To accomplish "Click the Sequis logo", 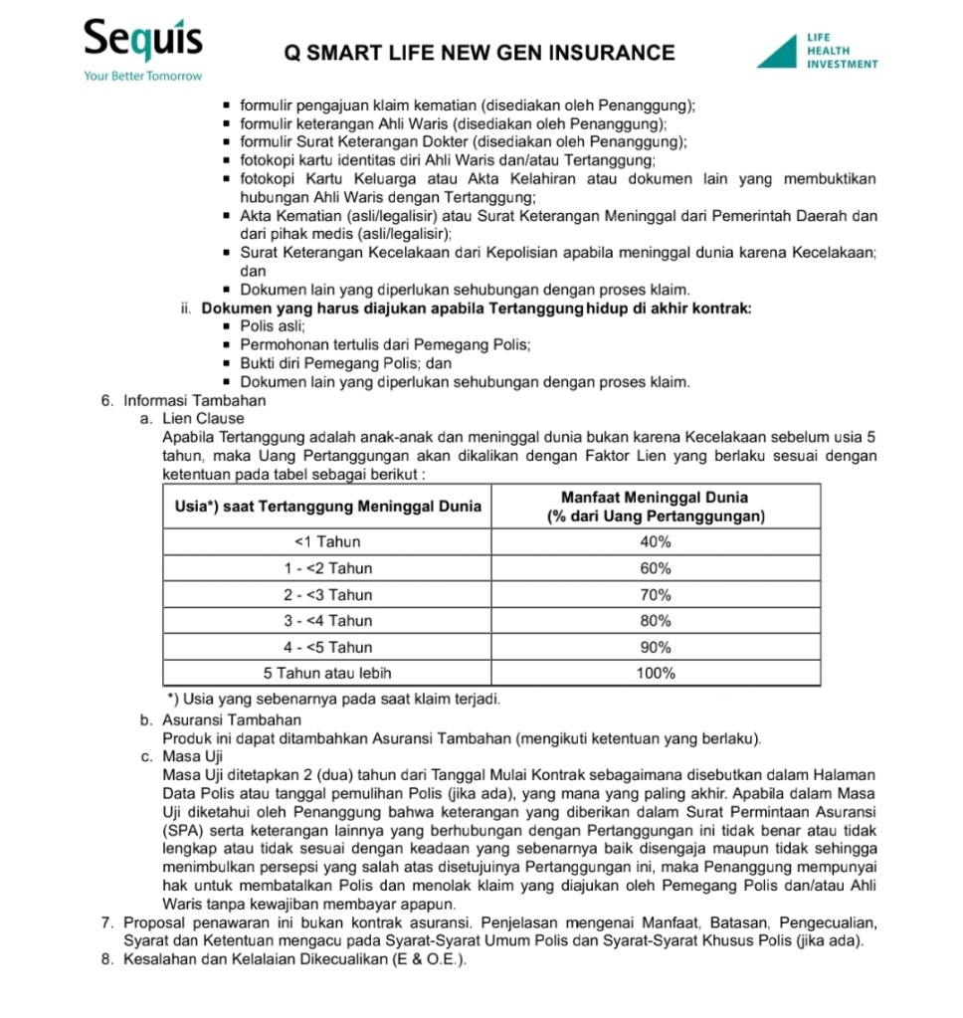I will [143, 42].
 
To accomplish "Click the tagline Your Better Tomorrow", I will [143, 76].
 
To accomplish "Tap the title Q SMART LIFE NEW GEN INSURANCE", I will [480, 53].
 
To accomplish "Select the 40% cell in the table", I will [657, 542].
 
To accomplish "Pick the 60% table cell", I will [657, 568].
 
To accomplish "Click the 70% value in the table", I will [657, 595].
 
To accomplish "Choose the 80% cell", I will [657, 621].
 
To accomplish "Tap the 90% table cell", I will [657, 647].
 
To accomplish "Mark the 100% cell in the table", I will [657, 673].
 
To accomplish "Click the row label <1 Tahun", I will [327, 542].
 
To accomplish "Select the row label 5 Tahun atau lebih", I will [327, 673].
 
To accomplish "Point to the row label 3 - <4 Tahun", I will [327, 621].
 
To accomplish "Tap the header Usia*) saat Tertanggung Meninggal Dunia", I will [327, 507].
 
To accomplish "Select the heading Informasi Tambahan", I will [195, 401].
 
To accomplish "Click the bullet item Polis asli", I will [274, 327].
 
